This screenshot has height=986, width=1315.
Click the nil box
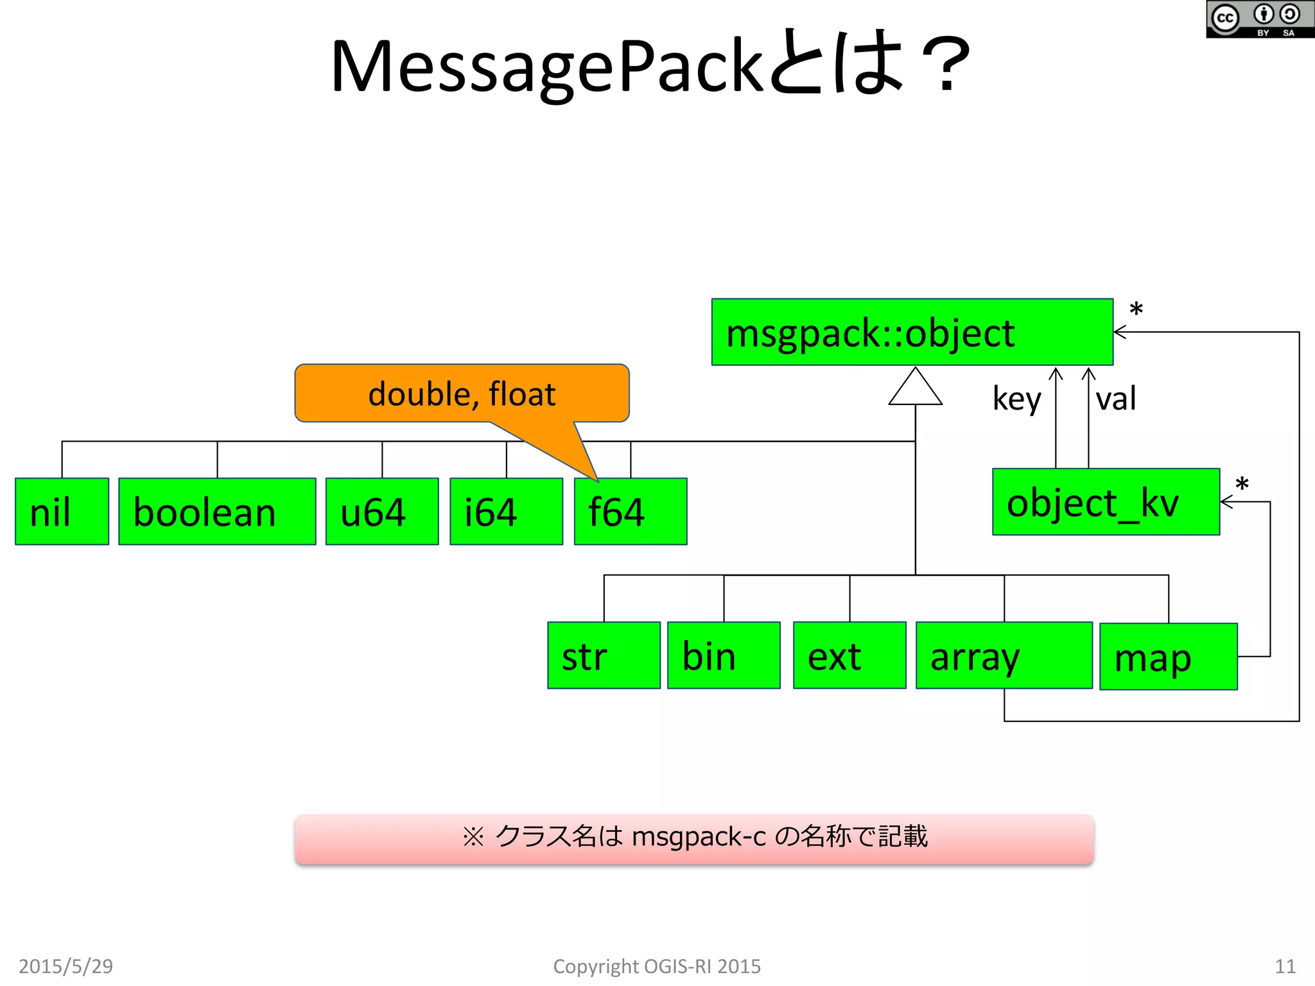click(62, 511)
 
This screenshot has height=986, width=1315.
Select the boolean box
click(217, 511)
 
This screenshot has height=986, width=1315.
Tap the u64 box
click(382, 511)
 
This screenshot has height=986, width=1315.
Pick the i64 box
click(506, 511)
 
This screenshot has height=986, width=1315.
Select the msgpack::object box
click(912, 332)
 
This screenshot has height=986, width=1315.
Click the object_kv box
click(1106, 501)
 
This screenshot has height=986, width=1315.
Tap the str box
click(604, 655)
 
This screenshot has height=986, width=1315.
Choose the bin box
click(724, 655)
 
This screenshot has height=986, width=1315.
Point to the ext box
click(849, 655)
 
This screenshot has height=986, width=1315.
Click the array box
click(1004, 655)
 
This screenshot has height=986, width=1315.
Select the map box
click(1168, 656)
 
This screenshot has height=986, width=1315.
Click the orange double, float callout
click(462, 393)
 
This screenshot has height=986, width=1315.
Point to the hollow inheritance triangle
click(915, 389)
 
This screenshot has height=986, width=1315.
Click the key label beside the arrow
click(1016, 399)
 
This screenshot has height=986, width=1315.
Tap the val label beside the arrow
click(1115, 399)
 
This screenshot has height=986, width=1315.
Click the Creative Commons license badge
click(1259, 19)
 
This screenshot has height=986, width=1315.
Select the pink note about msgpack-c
click(694, 838)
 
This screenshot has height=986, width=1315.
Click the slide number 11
click(1285, 965)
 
